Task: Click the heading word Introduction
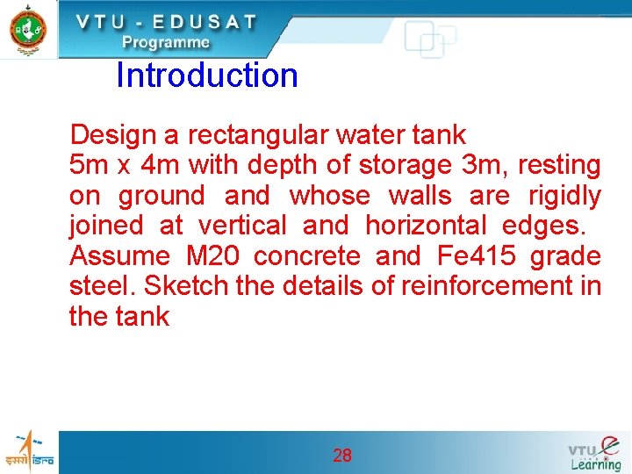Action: (x=207, y=75)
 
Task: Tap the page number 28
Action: (x=342, y=455)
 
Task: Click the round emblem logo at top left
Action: (x=28, y=29)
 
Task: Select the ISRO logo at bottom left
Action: (x=29, y=451)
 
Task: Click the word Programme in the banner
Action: (x=166, y=42)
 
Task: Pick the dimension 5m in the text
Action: (x=89, y=165)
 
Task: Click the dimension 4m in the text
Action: (x=159, y=165)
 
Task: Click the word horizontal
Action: (x=426, y=226)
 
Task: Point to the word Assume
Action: (x=118, y=256)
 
